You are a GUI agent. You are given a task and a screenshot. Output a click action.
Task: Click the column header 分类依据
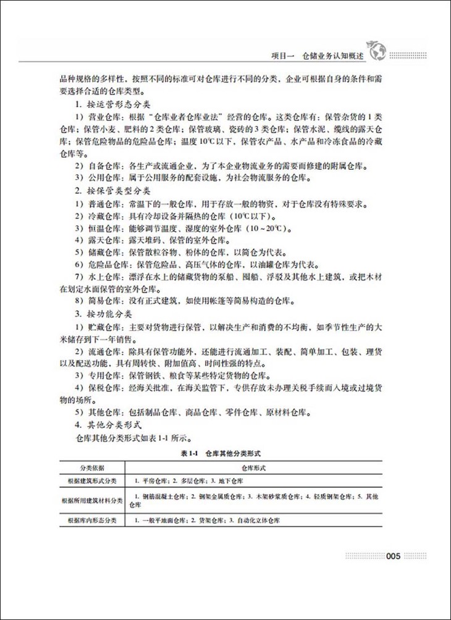click(x=91, y=468)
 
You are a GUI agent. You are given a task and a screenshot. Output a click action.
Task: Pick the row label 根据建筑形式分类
click(x=91, y=480)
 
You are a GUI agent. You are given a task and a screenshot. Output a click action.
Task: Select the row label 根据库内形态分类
click(x=91, y=521)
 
